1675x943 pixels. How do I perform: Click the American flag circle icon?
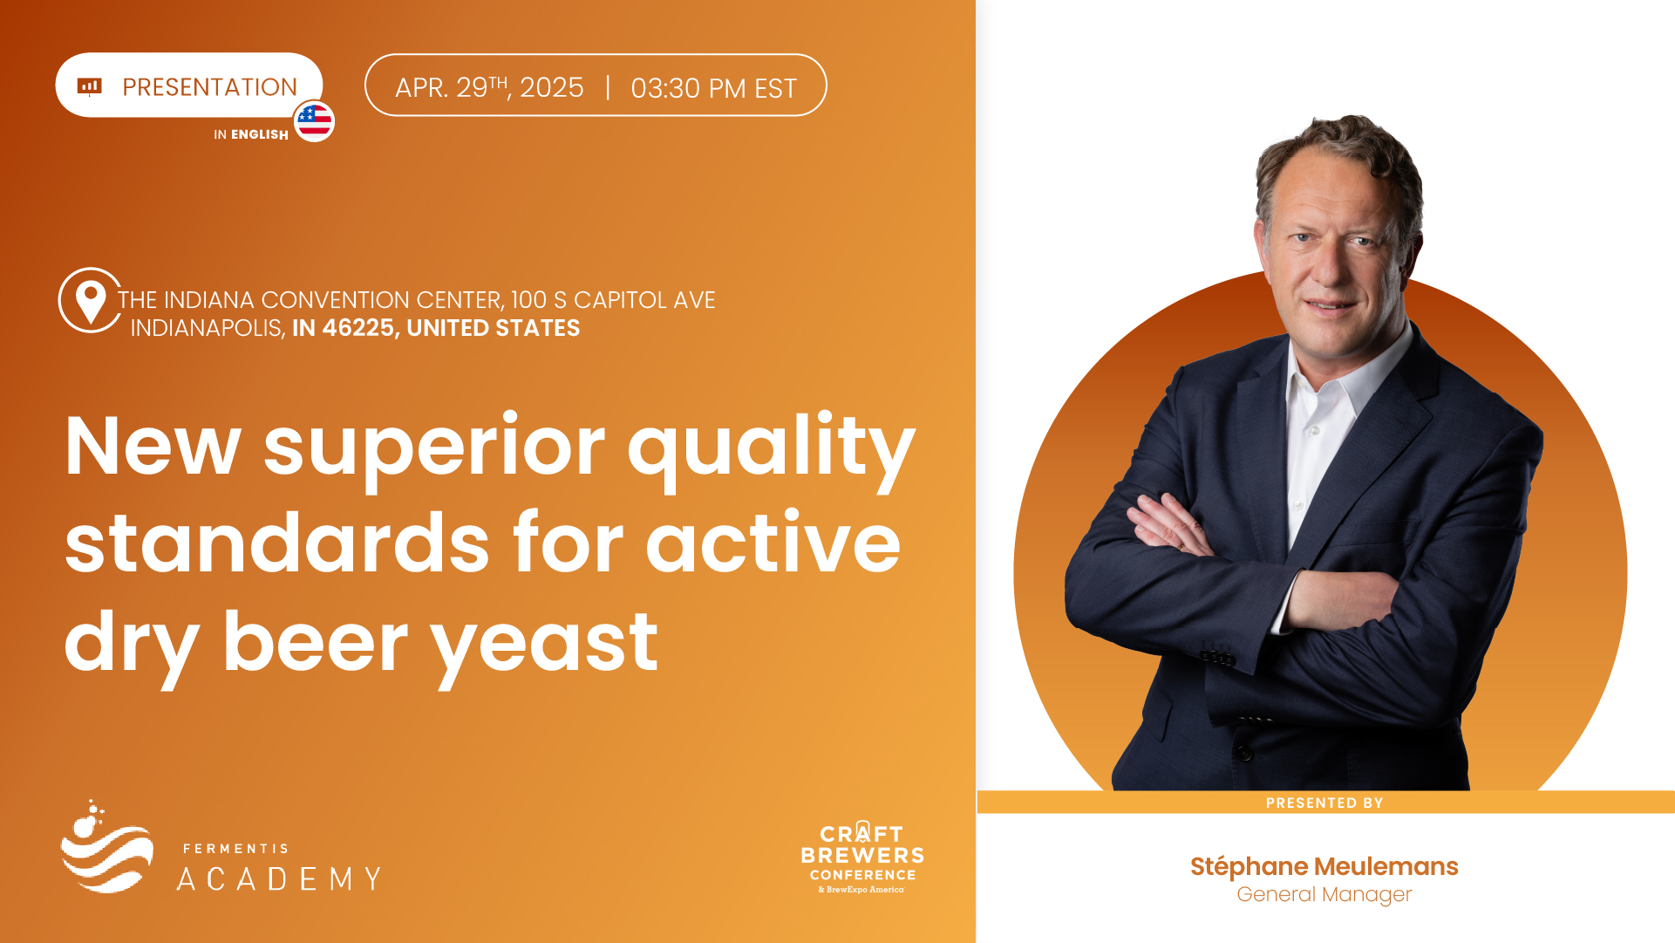click(x=314, y=120)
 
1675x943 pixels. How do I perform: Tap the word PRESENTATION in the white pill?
click(x=209, y=87)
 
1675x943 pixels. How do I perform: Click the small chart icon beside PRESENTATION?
click(x=90, y=86)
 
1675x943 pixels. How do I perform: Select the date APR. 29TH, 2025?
click(x=489, y=87)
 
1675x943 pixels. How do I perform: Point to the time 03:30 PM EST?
click(x=713, y=88)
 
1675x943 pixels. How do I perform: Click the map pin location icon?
click(x=90, y=301)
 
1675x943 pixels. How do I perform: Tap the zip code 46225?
click(x=358, y=328)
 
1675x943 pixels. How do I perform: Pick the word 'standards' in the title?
click(x=277, y=543)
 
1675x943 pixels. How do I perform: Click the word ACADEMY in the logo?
click(x=279, y=878)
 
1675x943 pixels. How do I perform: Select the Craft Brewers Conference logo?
click(x=862, y=858)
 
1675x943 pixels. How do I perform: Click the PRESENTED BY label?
click(x=1324, y=803)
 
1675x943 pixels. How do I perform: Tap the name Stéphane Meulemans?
click(x=1324, y=866)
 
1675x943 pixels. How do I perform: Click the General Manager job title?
click(x=1324, y=895)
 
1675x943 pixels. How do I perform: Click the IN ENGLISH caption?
click(x=251, y=134)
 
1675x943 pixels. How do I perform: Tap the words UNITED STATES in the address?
click(x=494, y=328)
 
